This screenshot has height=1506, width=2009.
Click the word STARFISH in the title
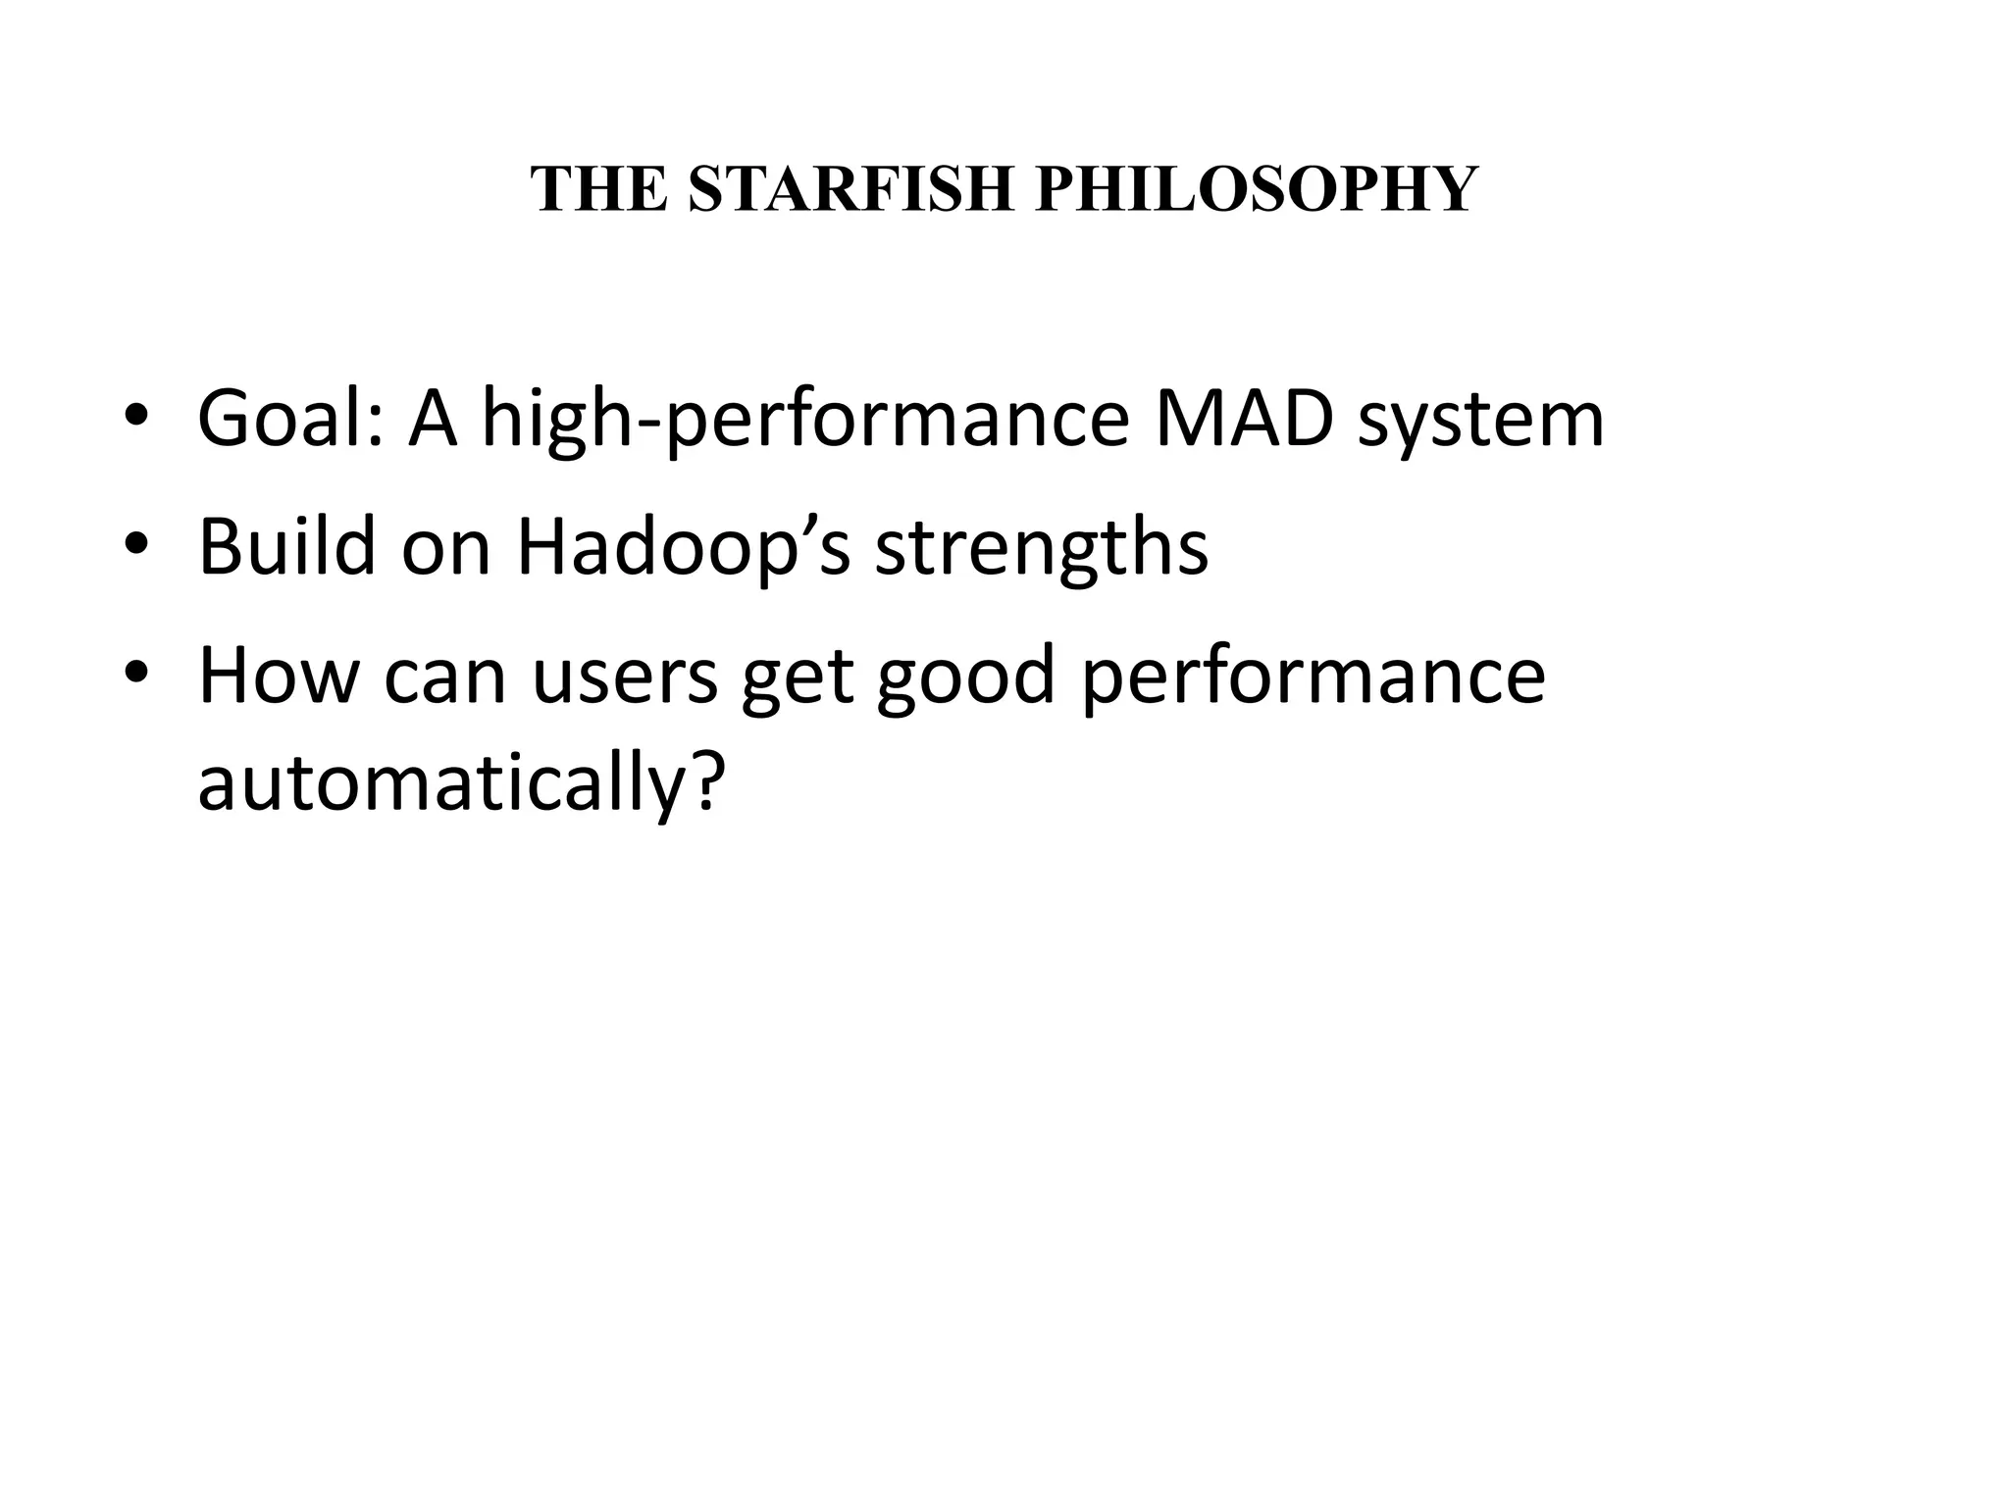850,188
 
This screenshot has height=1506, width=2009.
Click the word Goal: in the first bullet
290,420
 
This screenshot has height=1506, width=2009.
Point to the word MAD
1245,420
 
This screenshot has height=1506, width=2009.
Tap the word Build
286,546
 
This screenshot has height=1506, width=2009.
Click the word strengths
1041,548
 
